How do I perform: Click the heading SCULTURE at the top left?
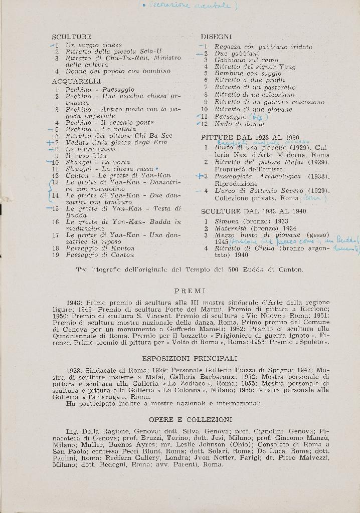[71, 37]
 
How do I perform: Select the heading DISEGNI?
[216, 37]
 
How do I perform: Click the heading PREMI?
[190, 291]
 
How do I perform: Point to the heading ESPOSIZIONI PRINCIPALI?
[190, 359]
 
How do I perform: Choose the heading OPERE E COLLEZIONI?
[191, 419]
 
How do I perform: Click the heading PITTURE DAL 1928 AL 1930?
[250, 137]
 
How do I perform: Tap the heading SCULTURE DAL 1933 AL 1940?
[253, 211]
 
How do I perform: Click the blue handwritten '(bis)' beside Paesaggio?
[259, 116]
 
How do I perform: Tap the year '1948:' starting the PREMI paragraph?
[75, 303]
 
